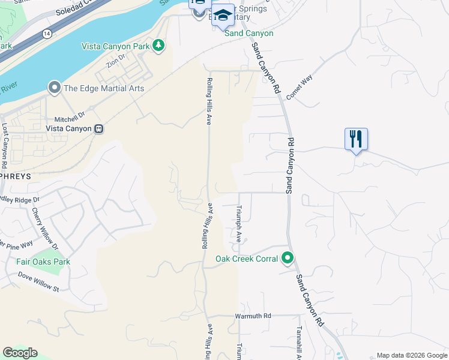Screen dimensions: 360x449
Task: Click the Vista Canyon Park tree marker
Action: click(158, 46)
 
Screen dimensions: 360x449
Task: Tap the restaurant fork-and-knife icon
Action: click(356, 139)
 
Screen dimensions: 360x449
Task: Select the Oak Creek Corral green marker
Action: click(288, 259)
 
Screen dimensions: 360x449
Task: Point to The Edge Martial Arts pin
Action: click(55, 89)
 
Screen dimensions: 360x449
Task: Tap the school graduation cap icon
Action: click(223, 16)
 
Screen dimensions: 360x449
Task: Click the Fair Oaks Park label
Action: click(44, 262)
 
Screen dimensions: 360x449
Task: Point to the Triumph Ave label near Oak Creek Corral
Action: click(238, 223)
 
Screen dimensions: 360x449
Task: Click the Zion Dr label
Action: click(116, 61)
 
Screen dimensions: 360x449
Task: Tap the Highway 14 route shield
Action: click(46, 33)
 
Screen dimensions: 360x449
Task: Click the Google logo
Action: click(20, 353)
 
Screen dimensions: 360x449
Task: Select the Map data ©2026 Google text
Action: click(412, 355)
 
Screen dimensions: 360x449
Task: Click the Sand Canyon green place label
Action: click(249, 34)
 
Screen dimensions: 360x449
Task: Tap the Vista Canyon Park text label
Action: click(116, 46)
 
